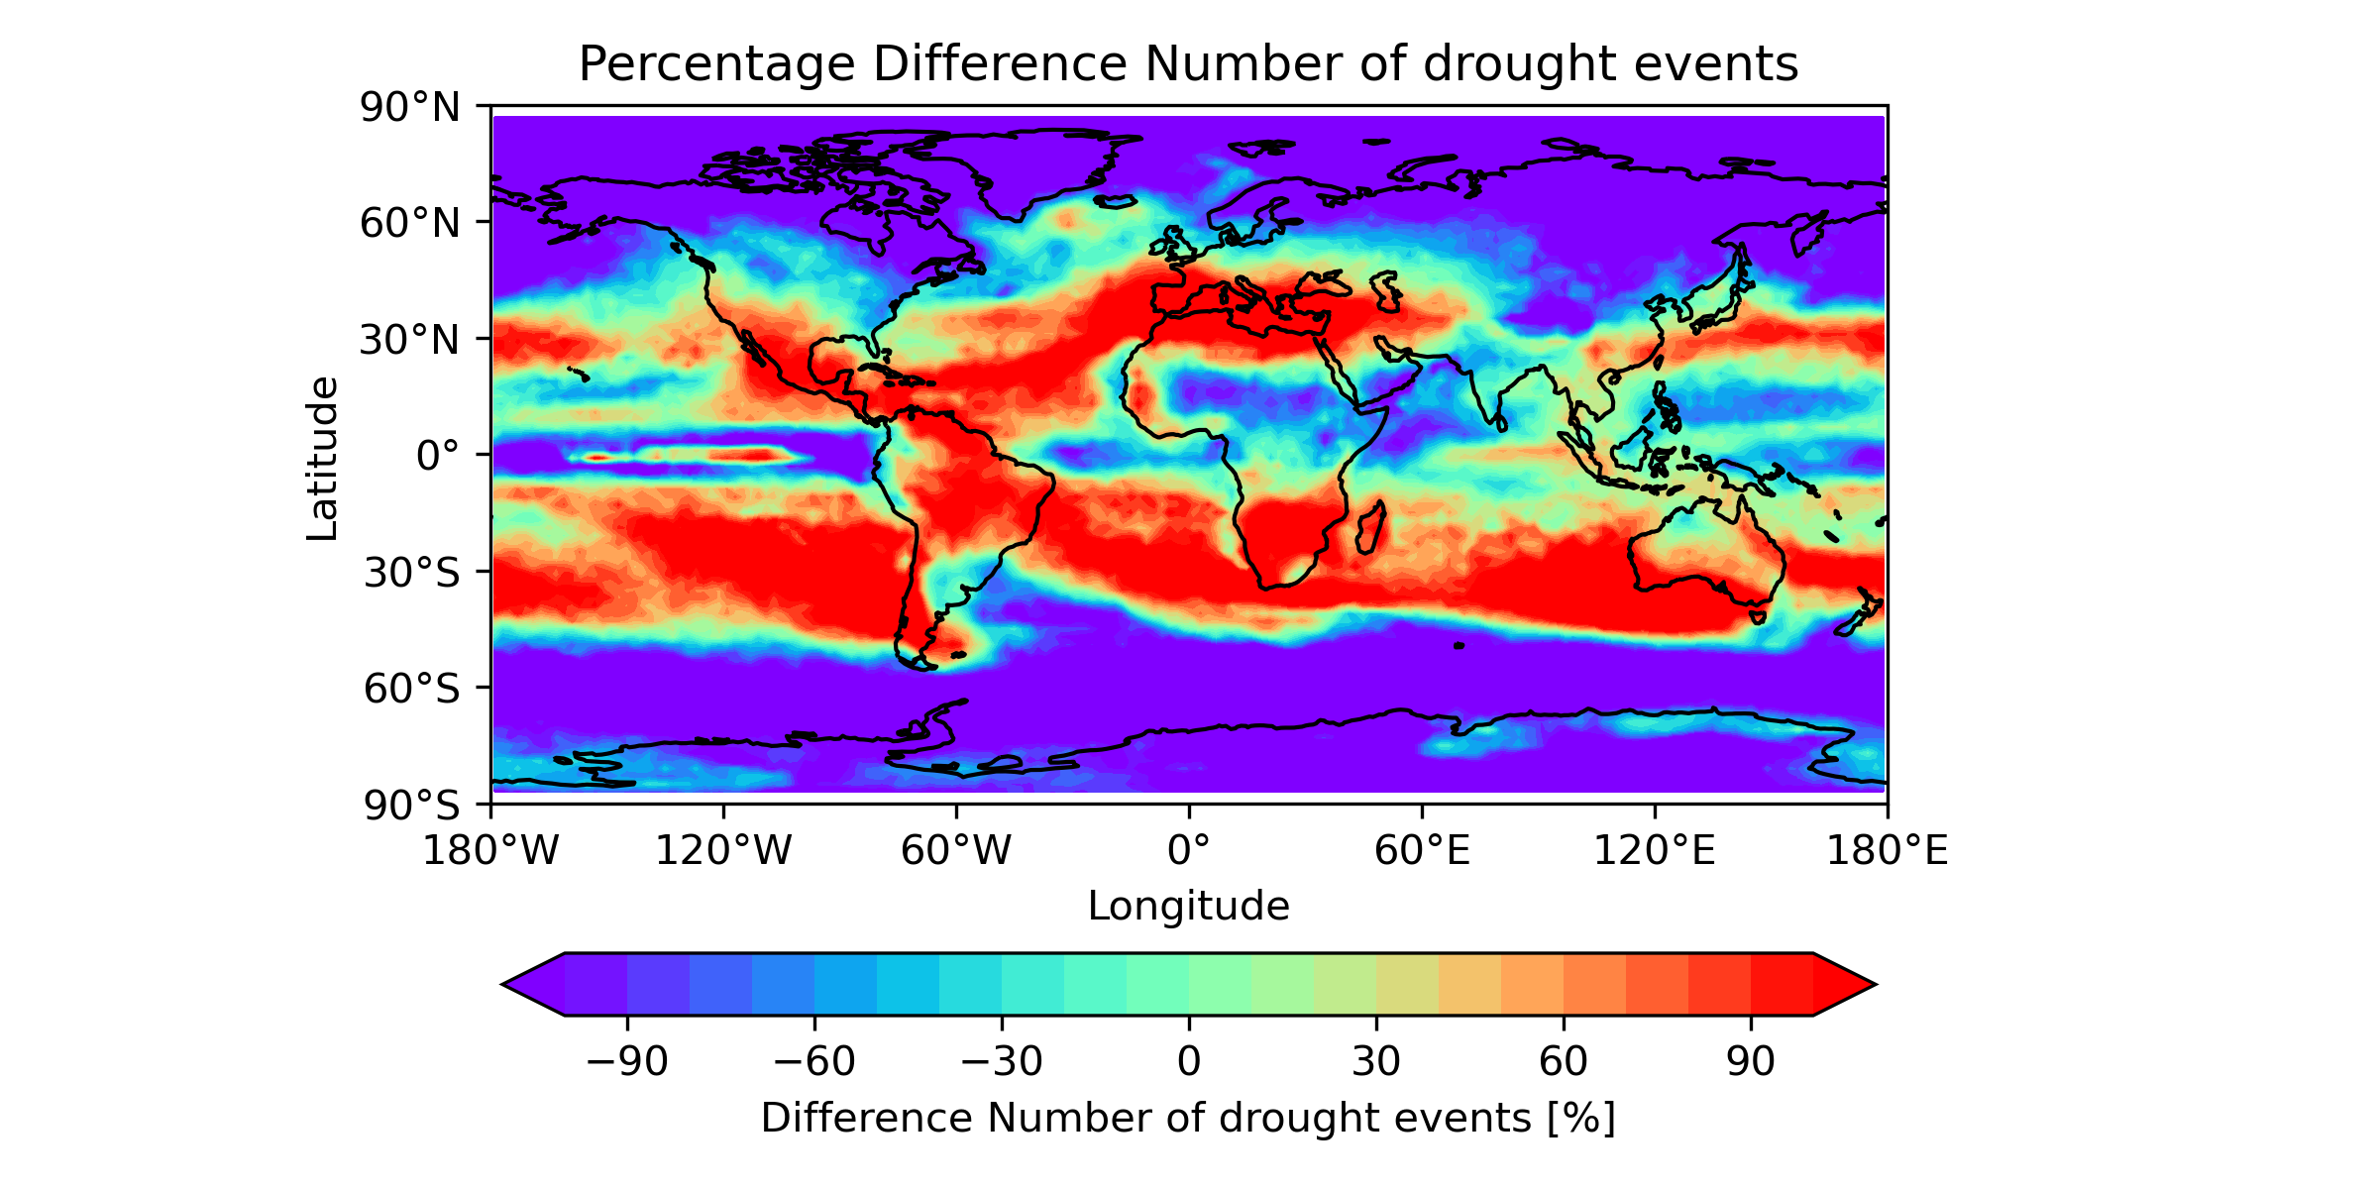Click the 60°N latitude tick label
coord(410,224)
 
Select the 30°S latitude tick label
coord(411,573)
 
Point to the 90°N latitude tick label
coord(410,107)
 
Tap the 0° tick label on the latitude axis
coord(437,457)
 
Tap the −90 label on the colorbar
coord(627,1062)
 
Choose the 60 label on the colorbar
coord(1564,1062)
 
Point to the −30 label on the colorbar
coord(1002,1062)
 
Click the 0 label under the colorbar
coord(1189,1062)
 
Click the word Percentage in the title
coord(715,65)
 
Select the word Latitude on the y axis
coord(323,458)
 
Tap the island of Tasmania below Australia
coord(1758,616)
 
